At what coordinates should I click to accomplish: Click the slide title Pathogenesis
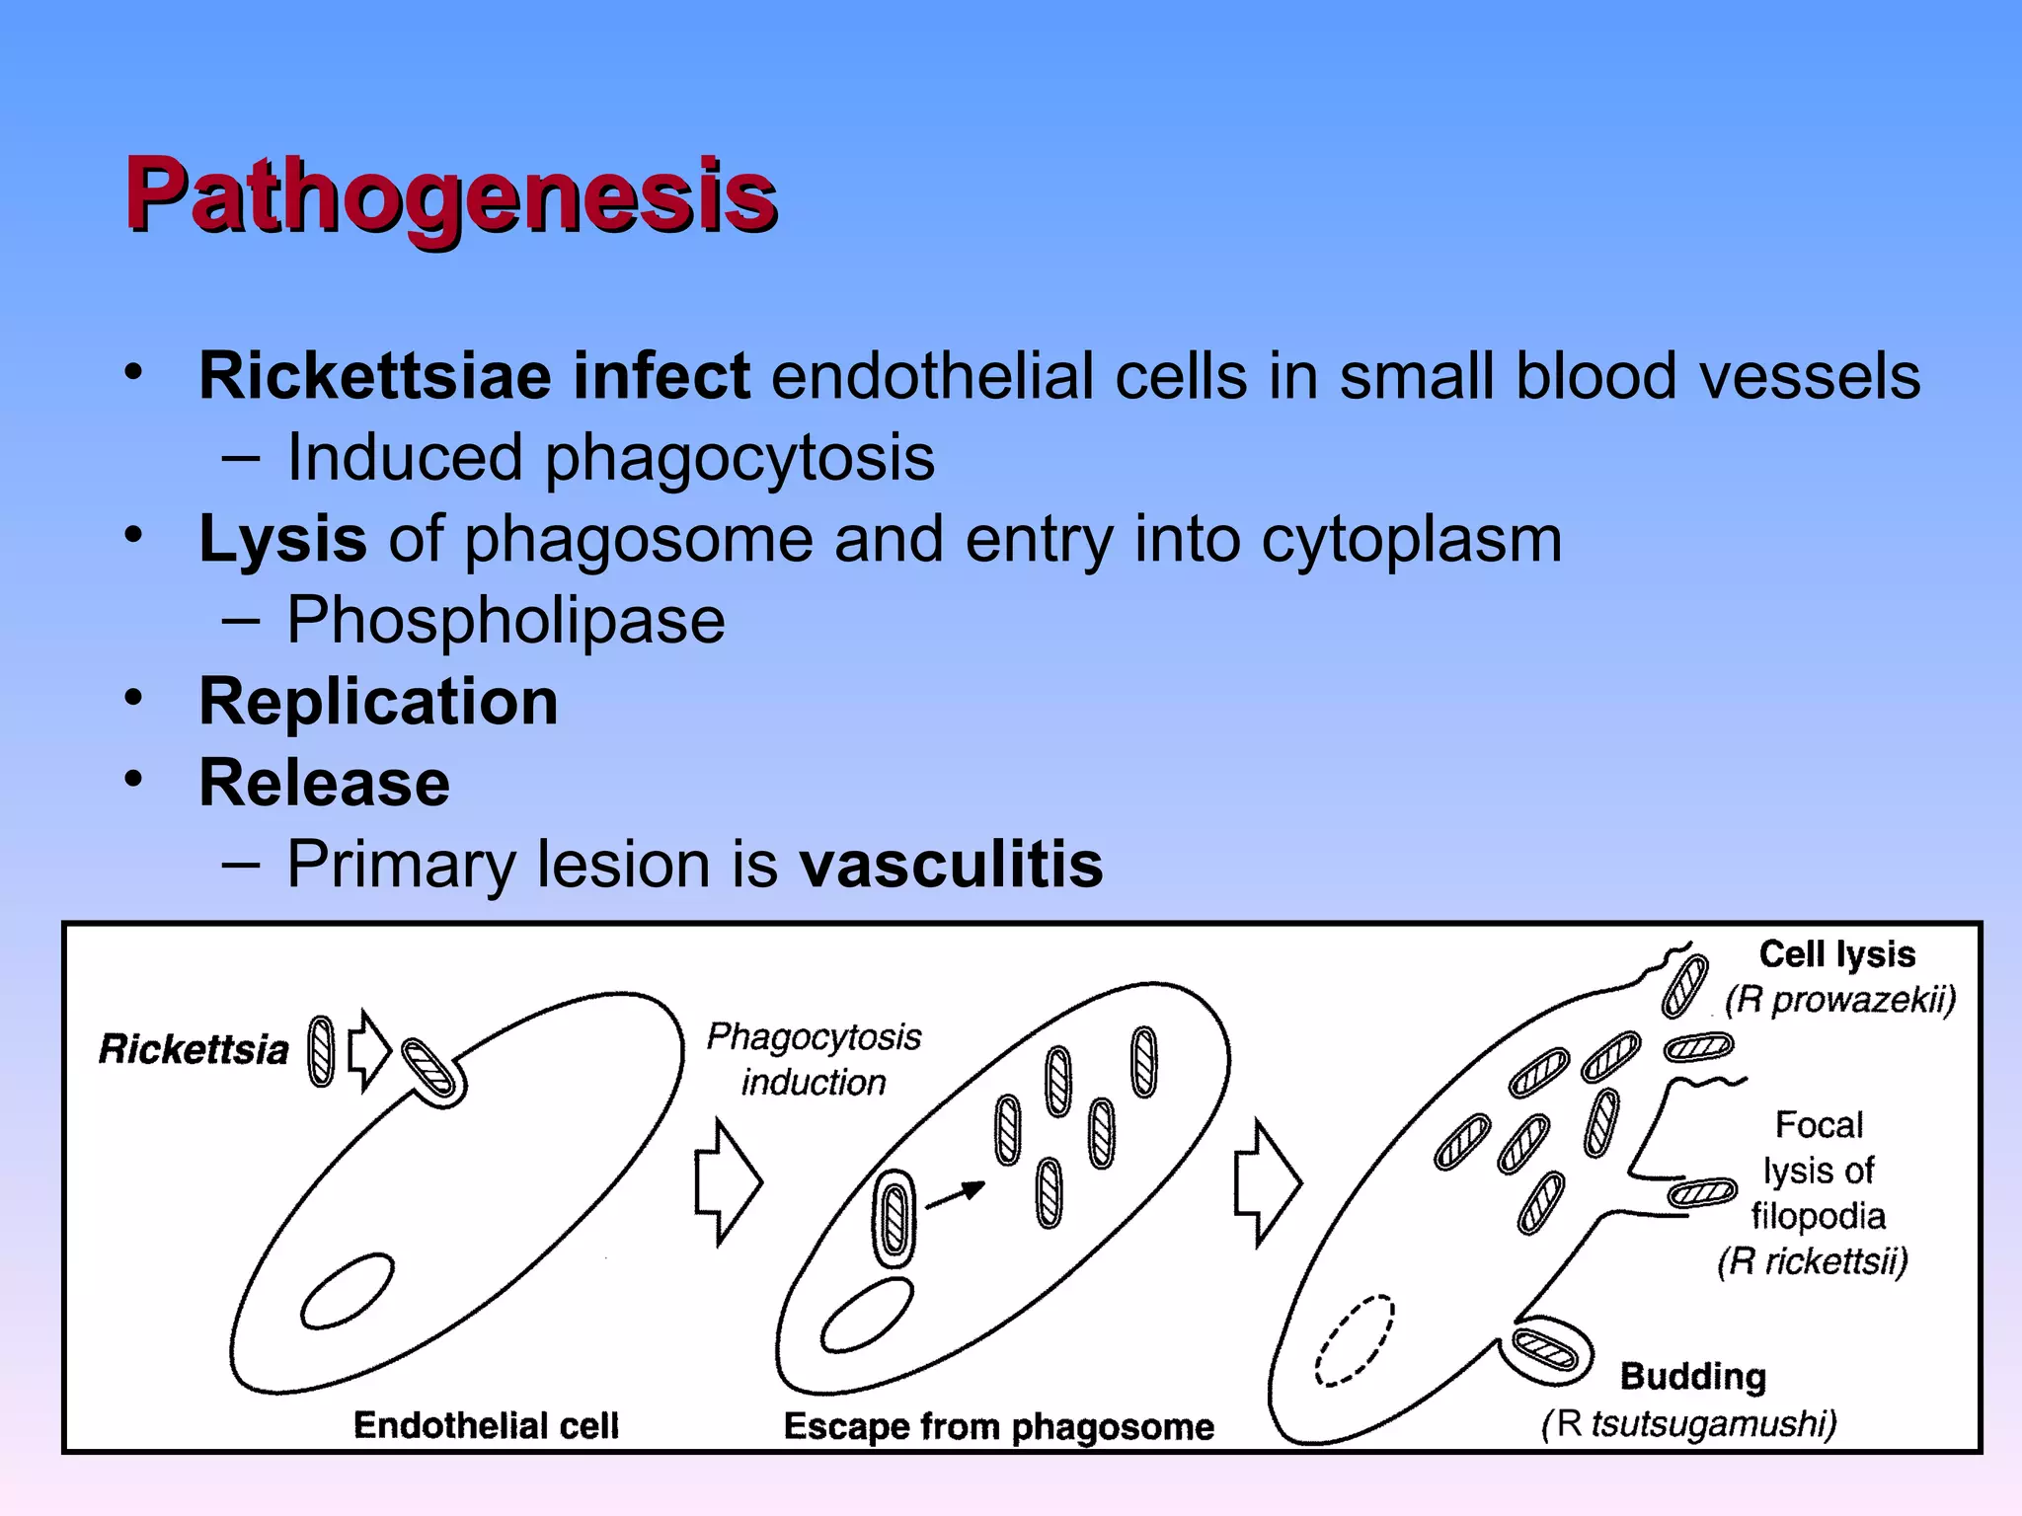pyautogui.click(x=450, y=195)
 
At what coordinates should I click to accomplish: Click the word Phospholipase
pyautogui.click(x=505, y=621)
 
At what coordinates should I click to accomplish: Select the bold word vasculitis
pyautogui.click(x=951, y=865)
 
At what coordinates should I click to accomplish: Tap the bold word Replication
pyautogui.click(x=378, y=702)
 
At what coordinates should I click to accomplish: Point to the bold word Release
pyautogui.click(x=324, y=783)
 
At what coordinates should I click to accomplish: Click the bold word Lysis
pyautogui.click(x=282, y=540)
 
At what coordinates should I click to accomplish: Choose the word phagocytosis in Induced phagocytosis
pyautogui.click(x=739, y=458)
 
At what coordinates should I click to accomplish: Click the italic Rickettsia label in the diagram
pyautogui.click(x=194, y=1049)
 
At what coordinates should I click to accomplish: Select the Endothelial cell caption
pyautogui.click(x=486, y=1425)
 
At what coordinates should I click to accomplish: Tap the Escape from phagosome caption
pyautogui.click(x=998, y=1427)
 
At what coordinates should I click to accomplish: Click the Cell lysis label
pyautogui.click(x=1836, y=954)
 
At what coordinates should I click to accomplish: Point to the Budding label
pyautogui.click(x=1692, y=1376)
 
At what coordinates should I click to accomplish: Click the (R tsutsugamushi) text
pyautogui.click(x=1688, y=1424)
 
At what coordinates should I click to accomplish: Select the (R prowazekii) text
pyautogui.click(x=1839, y=1000)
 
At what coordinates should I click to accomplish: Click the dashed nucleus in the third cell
pyautogui.click(x=1355, y=1340)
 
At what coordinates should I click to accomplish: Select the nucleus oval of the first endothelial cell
pyautogui.click(x=348, y=1291)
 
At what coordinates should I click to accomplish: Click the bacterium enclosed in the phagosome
pyautogui.click(x=894, y=1218)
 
